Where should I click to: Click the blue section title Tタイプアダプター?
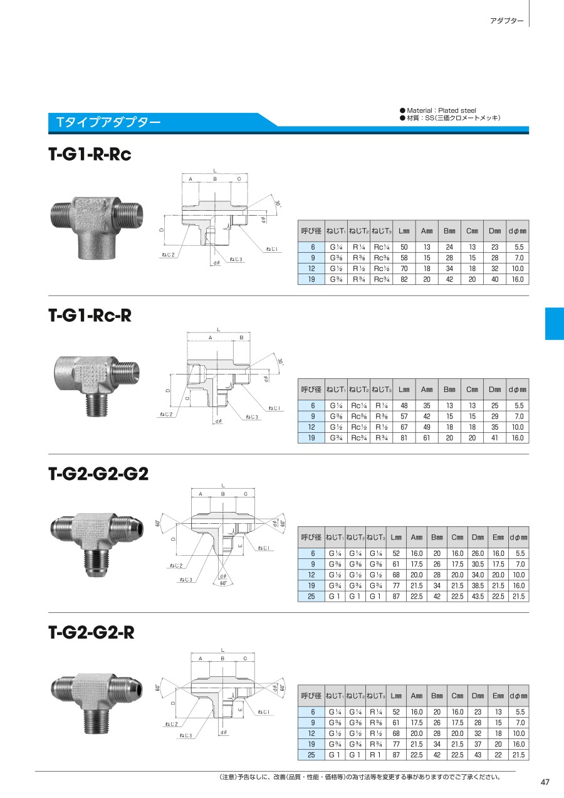coord(108,122)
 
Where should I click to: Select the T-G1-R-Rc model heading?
coord(90,154)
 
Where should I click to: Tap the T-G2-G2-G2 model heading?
coord(98,474)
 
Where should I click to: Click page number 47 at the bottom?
coord(545,782)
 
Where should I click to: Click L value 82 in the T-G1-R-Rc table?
coord(404,279)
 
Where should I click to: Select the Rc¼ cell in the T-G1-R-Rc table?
coord(382,247)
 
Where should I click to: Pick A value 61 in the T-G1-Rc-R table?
coord(427,438)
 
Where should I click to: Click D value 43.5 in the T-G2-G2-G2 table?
coord(478,597)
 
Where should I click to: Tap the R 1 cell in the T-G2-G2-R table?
coord(375,755)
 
